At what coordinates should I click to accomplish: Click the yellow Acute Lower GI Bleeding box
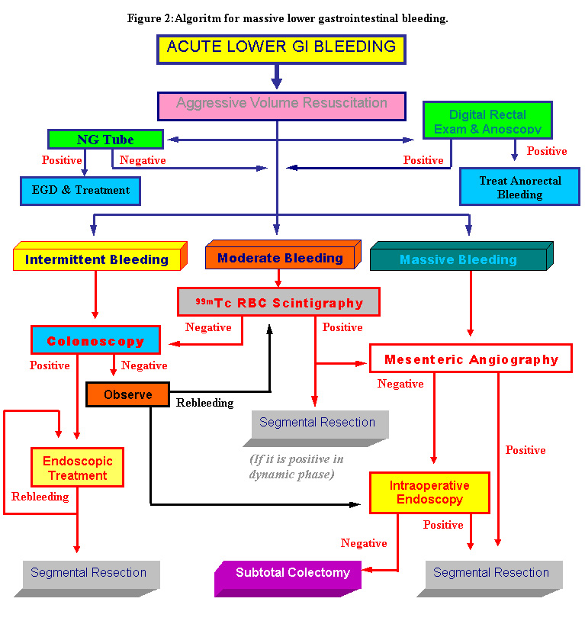[x=281, y=48]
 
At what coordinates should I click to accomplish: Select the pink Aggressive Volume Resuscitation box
[x=281, y=105]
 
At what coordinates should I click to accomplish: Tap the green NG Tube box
[x=105, y=140]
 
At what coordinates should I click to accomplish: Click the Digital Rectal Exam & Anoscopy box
[x=487, y=121]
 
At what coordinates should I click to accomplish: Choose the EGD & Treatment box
[x=80, y=190]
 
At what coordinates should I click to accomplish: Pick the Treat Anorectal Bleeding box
[x=519, y=187]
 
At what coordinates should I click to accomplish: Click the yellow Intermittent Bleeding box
[x=97, y=259]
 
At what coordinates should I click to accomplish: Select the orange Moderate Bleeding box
[x=280, y=258]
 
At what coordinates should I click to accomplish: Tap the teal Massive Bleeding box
[x=458, y=259]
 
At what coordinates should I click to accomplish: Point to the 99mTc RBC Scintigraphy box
[x=278, y=302]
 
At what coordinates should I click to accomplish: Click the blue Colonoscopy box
[x=95, y=341]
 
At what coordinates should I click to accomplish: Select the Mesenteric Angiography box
[x=471, y=359]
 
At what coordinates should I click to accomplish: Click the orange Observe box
[x=127, y=394]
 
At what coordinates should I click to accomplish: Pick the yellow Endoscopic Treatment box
[x=77, y=468]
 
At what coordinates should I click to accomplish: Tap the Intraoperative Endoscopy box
[x=429, y=492]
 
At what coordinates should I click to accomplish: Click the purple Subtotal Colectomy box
[x=292, y=573]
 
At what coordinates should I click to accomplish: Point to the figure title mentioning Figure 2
[x=288, y=18]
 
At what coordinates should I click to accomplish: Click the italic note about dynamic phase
[x=296, y=466]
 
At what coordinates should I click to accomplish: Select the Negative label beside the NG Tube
[x=143, y=160]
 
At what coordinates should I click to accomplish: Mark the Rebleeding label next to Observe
[x=204, y=402]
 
